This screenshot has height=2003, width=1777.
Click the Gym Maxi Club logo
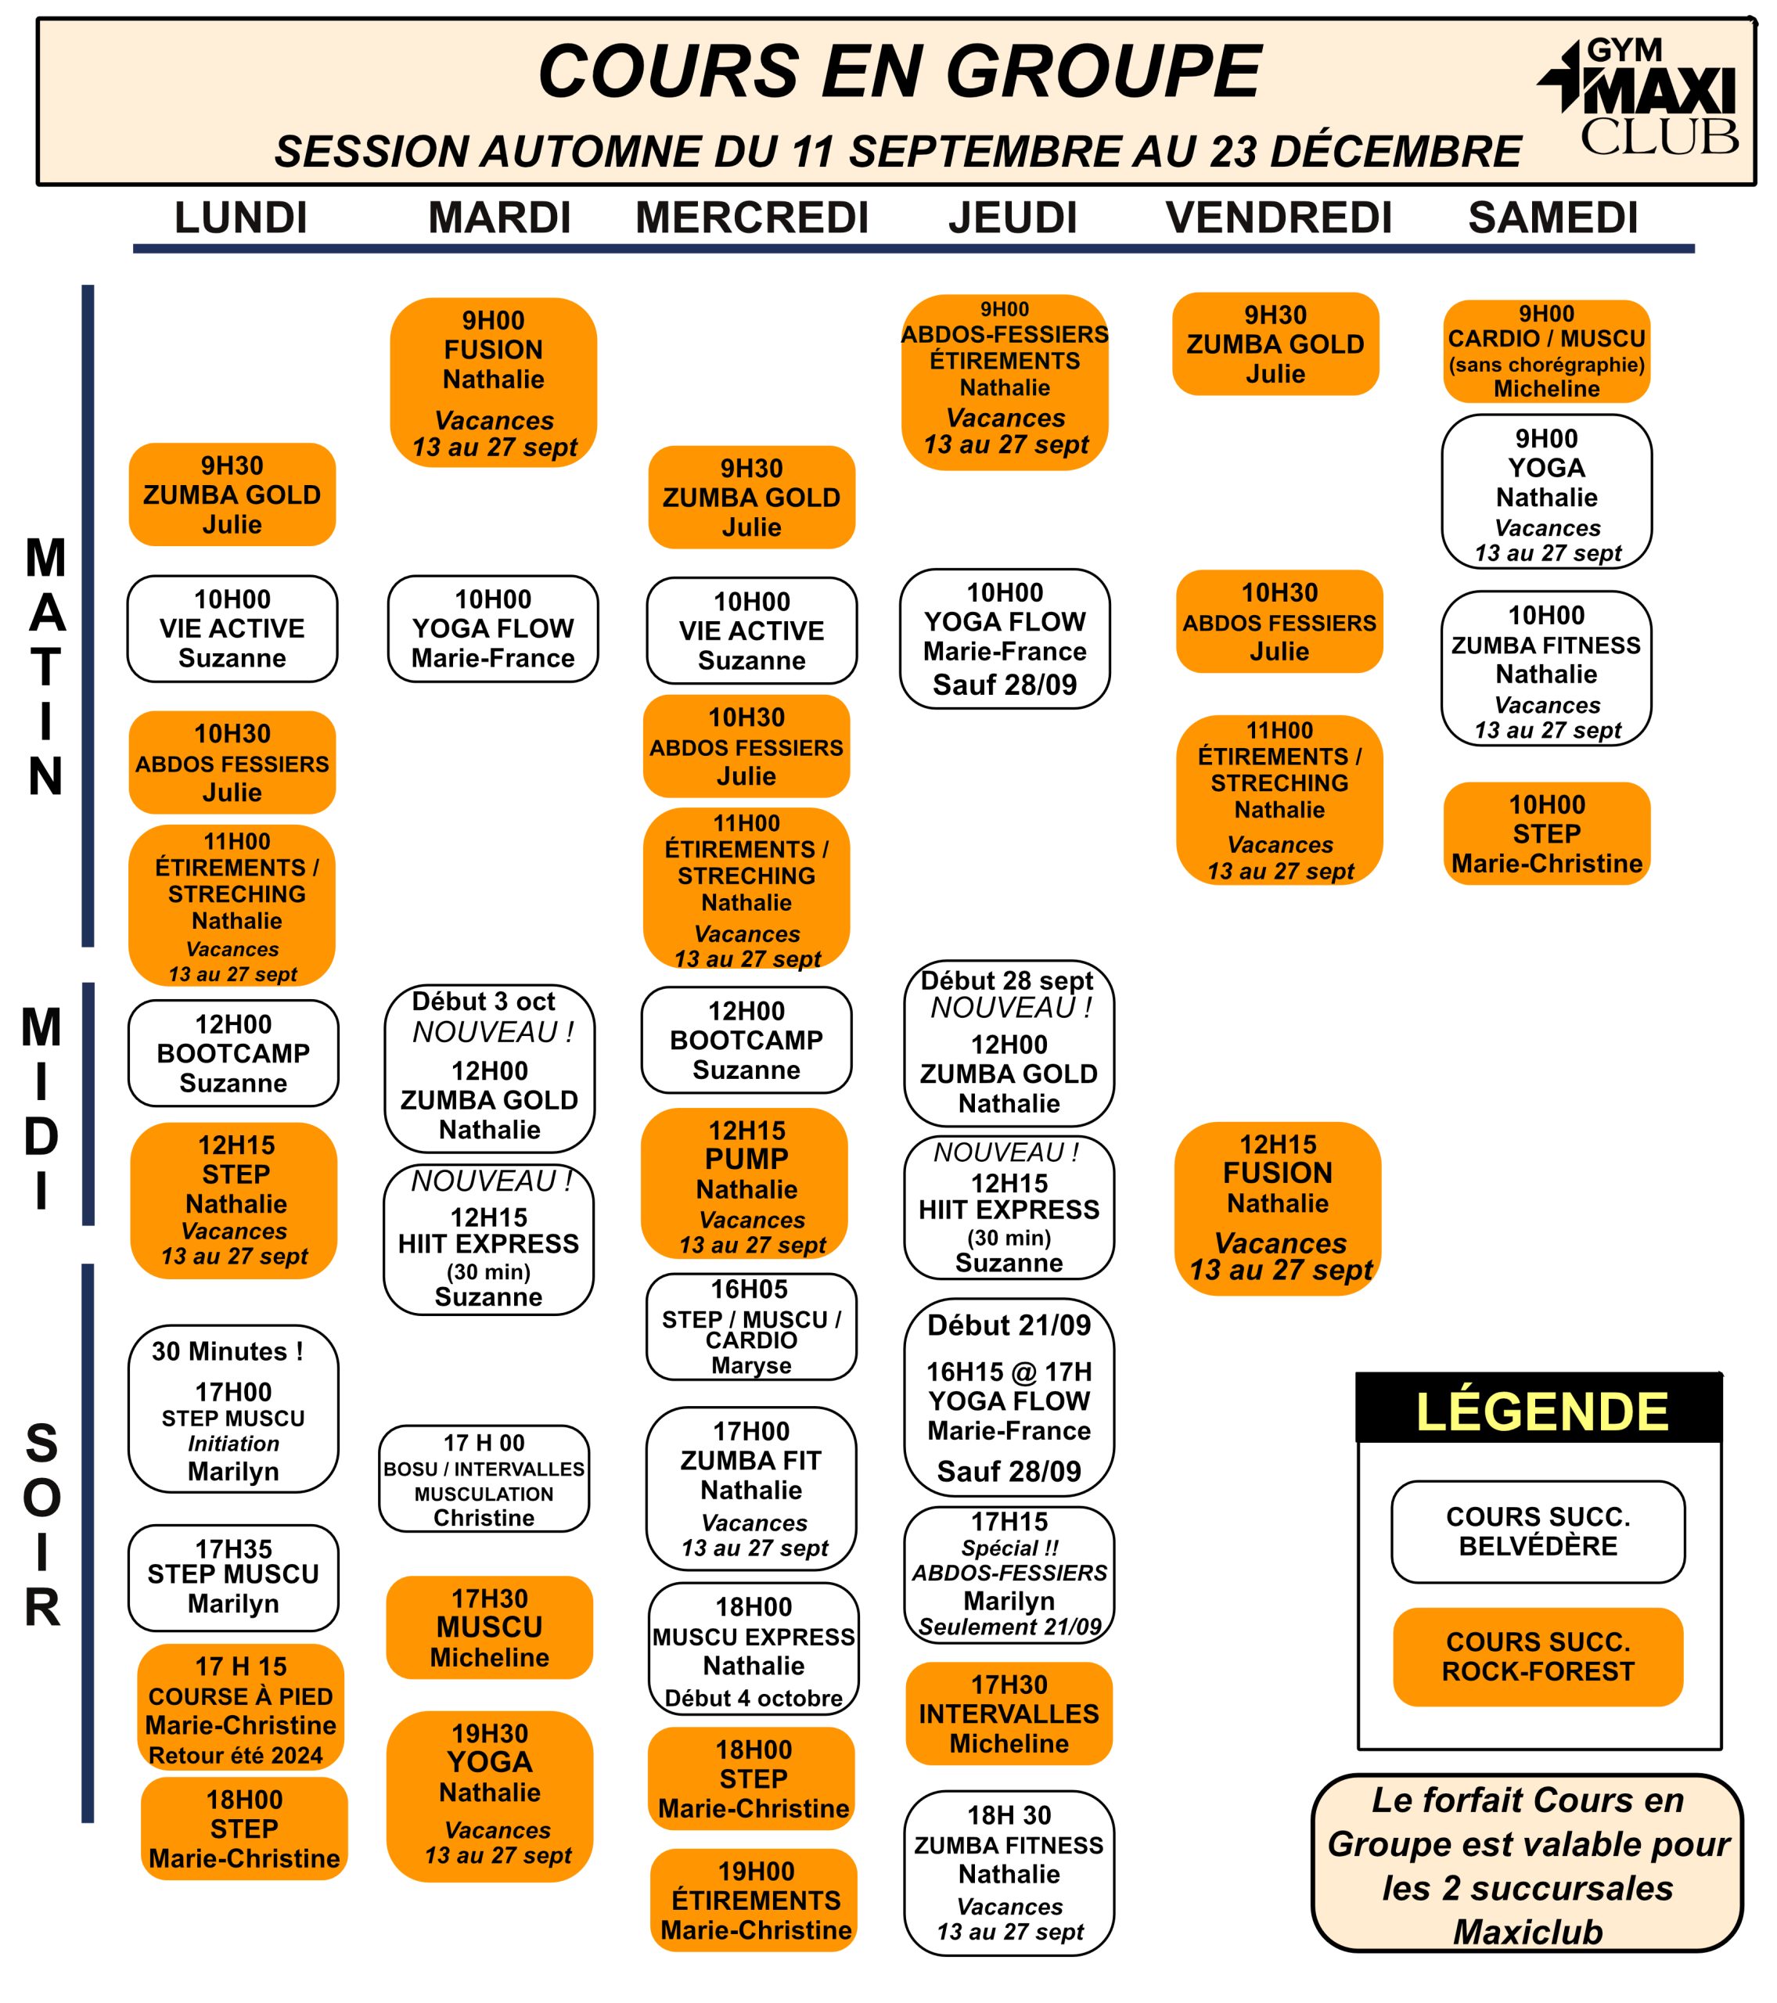(1638, 97)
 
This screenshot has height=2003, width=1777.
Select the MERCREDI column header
(752, 218)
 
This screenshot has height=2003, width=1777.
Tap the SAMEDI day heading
(1552, 218)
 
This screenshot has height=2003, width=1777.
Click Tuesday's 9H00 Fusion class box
(493, 382)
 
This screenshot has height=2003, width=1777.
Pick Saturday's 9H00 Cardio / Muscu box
(1547, 351)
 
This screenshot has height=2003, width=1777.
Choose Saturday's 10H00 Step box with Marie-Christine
(1547, 833)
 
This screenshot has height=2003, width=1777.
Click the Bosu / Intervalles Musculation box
(484, 1479)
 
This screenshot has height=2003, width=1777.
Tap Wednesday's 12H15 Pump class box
(745, 1184)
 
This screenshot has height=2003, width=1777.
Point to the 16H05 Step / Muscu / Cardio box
(751, 1327)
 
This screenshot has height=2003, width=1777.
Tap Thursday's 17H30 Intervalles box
(1009, 1714)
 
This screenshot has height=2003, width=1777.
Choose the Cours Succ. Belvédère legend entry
(1538, 1532)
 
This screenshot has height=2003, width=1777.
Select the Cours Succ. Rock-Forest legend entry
(1538, 1657)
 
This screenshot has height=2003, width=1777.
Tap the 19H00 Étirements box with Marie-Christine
(754, 1900)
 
